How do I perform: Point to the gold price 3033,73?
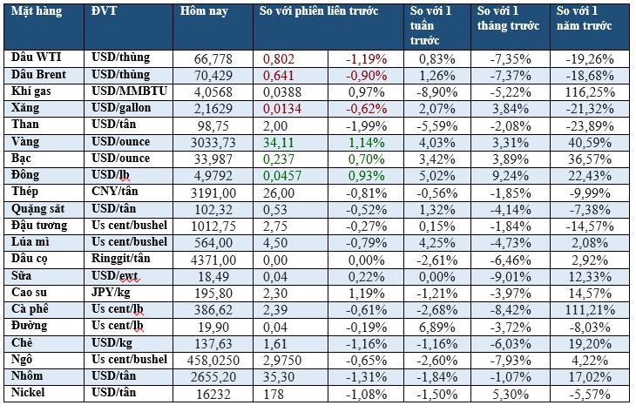coord(214,142)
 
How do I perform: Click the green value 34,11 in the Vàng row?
coord(279,142)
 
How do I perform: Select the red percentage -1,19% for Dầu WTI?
coord(367,58)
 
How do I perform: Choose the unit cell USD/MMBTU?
coord(126,91)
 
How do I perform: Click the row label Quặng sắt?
coord(37,209)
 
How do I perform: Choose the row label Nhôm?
coord(28,375)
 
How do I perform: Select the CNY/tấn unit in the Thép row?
coord(118,192)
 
